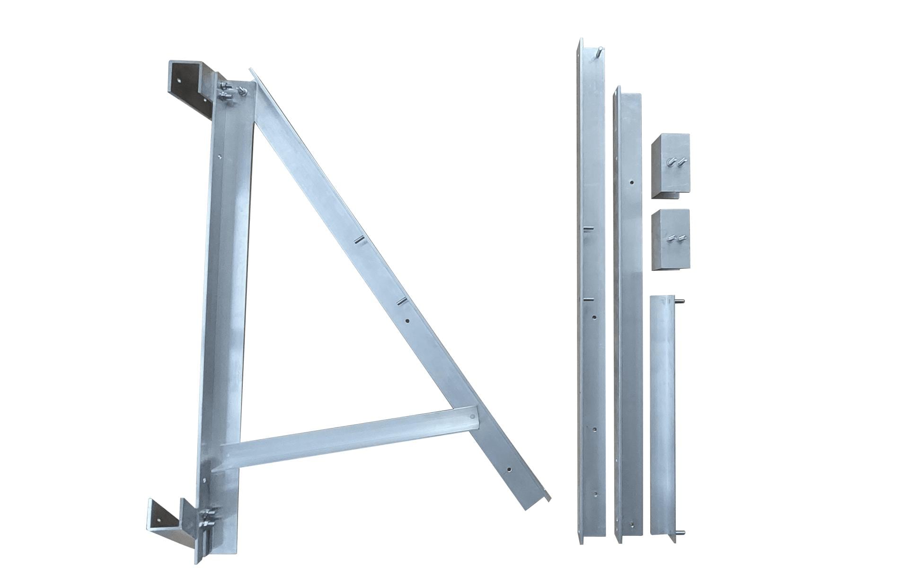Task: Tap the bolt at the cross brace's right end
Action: coord(471,417)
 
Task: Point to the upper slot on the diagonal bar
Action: coord(360,240)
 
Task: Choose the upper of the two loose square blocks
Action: coord(670,166)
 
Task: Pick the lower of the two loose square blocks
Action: coord(670,240)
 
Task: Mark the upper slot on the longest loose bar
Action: coord(587,229)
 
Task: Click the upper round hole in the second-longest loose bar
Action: coord(632,181)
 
